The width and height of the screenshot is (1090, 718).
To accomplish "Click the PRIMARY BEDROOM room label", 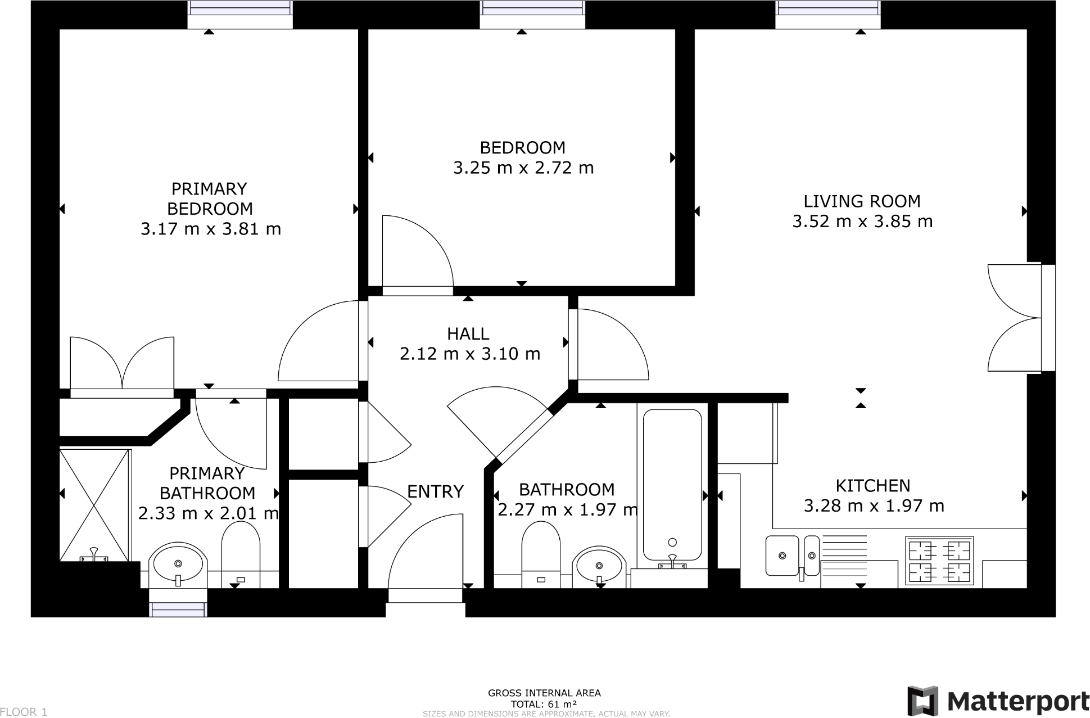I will tap(209, 198).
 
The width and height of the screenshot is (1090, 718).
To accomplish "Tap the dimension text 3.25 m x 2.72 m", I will tap(523, 168).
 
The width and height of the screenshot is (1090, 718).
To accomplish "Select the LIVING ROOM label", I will tap(862, 201).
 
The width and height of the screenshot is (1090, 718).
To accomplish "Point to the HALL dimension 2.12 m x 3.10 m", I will tap(470, 354).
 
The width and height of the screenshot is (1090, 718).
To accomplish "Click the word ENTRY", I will tap(435, 492).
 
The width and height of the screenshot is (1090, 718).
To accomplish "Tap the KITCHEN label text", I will tap(872, 486).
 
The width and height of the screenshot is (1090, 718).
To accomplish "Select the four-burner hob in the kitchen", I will tap(939, 561).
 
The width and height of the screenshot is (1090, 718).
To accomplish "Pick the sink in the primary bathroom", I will tap(178, 562).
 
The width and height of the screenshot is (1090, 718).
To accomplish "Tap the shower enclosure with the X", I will tap(94, 504).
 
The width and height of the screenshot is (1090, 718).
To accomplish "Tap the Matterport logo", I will tap(998, 701).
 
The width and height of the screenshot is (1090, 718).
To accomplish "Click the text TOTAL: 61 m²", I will tap(544, 704).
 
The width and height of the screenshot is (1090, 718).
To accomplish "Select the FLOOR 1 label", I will tap(24, 712).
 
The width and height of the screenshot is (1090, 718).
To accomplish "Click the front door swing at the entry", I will tap(426, 554).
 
